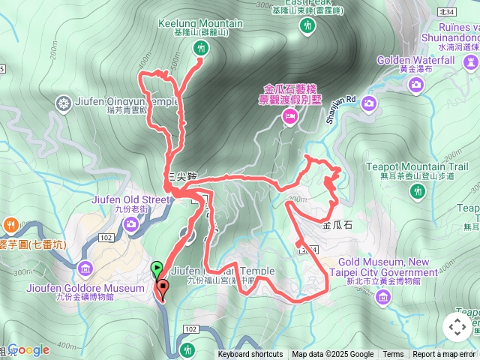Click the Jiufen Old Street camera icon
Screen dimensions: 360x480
[131, 223]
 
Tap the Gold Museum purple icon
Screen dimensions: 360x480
[383, 298]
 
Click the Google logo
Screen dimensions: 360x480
[28, 349]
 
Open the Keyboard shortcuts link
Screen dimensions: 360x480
[250, 355]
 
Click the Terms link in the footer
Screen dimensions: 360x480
[393, 355]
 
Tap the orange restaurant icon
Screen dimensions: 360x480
[10, 223]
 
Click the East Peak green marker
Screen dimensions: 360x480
[306, 26]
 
